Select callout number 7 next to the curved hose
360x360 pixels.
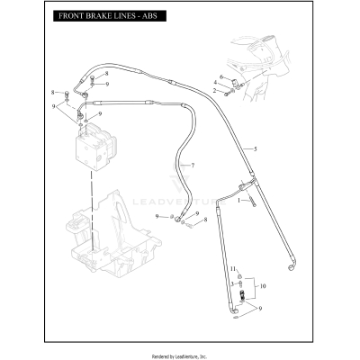click(x=192, y=166)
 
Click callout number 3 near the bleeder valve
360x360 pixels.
click(x=231, y=283)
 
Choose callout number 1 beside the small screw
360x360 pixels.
click(x=238, y=201)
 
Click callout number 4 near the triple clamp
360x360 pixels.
click(x=214, y=85)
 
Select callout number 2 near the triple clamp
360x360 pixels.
click(x=214, y=92)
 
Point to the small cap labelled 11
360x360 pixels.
click(x=240, y=272)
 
